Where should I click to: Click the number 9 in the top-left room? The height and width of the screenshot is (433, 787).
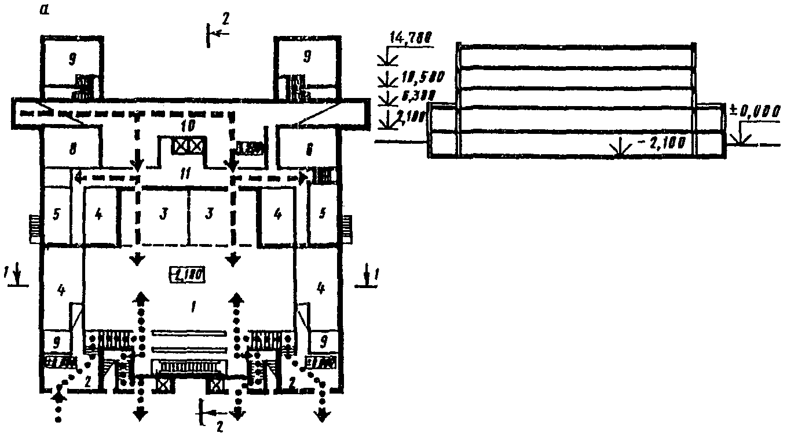tap(72, 58)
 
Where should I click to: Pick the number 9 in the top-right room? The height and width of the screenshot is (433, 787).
tap(306, 56)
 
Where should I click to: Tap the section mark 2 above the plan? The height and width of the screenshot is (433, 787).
tap(225, 19)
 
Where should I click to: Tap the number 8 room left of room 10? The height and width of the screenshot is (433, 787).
tap(72, 149)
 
